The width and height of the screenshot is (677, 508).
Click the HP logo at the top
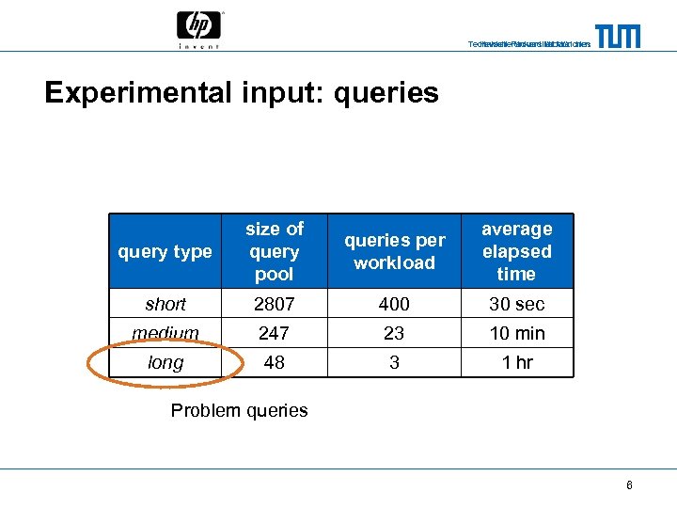[x=198, y=28]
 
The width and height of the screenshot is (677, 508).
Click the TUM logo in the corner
[x=617, y=37]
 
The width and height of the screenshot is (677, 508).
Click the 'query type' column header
[x=165, y=251]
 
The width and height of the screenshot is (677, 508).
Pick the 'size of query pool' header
[x=275, y=251]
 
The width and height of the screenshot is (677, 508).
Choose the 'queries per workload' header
[x=394, y=251]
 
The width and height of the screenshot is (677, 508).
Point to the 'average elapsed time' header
[x=516, y=251]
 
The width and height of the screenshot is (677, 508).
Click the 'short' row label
[x=165, y=304]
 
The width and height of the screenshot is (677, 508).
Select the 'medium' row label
[x=165, y=333]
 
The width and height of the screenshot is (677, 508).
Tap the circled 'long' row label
[x=166, y=362]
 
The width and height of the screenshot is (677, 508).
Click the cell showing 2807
[x=275, y=304]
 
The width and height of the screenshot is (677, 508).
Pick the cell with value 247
[x=275, y=333]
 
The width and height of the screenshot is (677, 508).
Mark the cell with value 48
[x=275, y=362]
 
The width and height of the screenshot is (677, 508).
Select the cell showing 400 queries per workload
[x=394, y=304]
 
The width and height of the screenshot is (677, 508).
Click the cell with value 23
[x=394, y=333]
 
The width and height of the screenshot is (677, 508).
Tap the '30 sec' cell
[x=516, y=304]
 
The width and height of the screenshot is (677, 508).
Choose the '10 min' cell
[x=516, y=333]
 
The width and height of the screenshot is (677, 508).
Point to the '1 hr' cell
[x=516, y=362]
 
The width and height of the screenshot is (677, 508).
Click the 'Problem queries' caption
[x=240, y=410]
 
